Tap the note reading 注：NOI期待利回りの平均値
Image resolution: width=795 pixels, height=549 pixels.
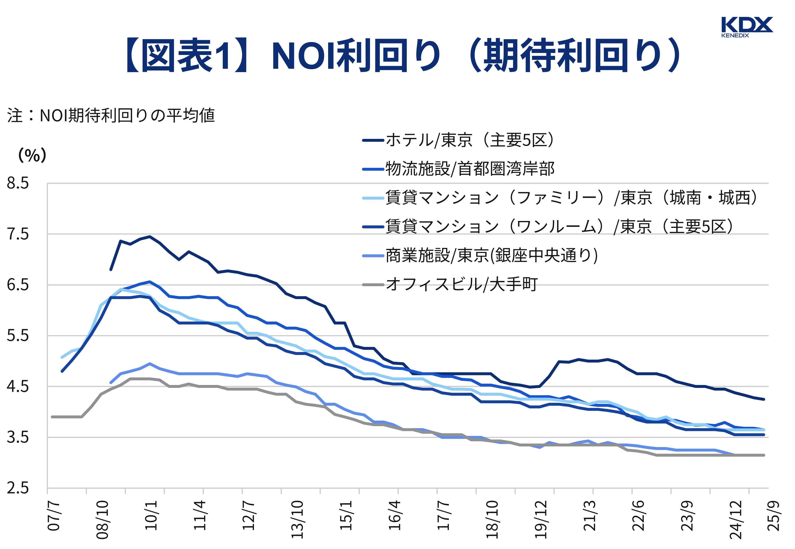pyautogui.click(x=111, y=115)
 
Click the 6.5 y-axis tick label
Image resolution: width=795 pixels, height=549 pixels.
pyautogui.click(x=18, y=285)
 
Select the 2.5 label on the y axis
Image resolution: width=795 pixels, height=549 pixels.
pyautogui.click(x=18, y=488)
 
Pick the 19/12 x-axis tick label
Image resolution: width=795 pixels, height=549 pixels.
pyautogui.click(x=541, y=519)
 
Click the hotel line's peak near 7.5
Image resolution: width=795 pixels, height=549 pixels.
pyautogui.click(x=149, y=237)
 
